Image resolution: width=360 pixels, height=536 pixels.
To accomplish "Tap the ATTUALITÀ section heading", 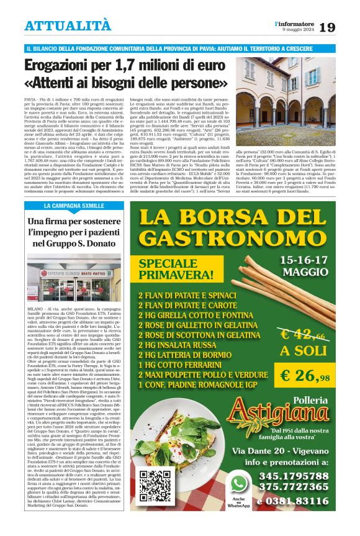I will [x=68, y=25].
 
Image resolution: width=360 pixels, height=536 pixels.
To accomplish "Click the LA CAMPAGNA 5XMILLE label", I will [x=74, y=205].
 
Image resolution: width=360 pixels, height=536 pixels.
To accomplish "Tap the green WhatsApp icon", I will [x=238, y=482].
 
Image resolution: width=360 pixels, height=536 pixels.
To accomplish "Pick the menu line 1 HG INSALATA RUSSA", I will [x=171, y=345].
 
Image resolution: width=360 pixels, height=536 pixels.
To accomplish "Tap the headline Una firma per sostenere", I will [x=74, y=222].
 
